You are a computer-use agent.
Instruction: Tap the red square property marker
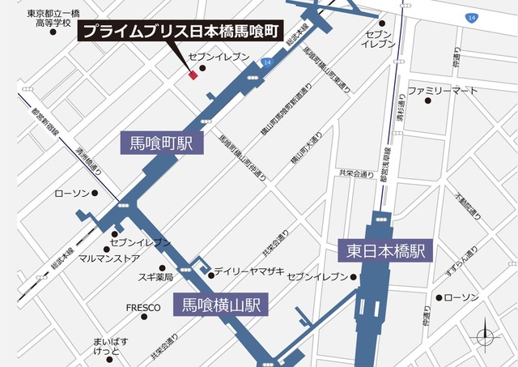pos(193,76)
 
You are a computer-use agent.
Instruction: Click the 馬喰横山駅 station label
pos(219,305)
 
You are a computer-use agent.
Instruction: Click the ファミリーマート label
pos(443,91)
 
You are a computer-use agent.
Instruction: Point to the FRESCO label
pos(143,308)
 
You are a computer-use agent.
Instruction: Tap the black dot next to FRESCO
pos(173,308)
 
